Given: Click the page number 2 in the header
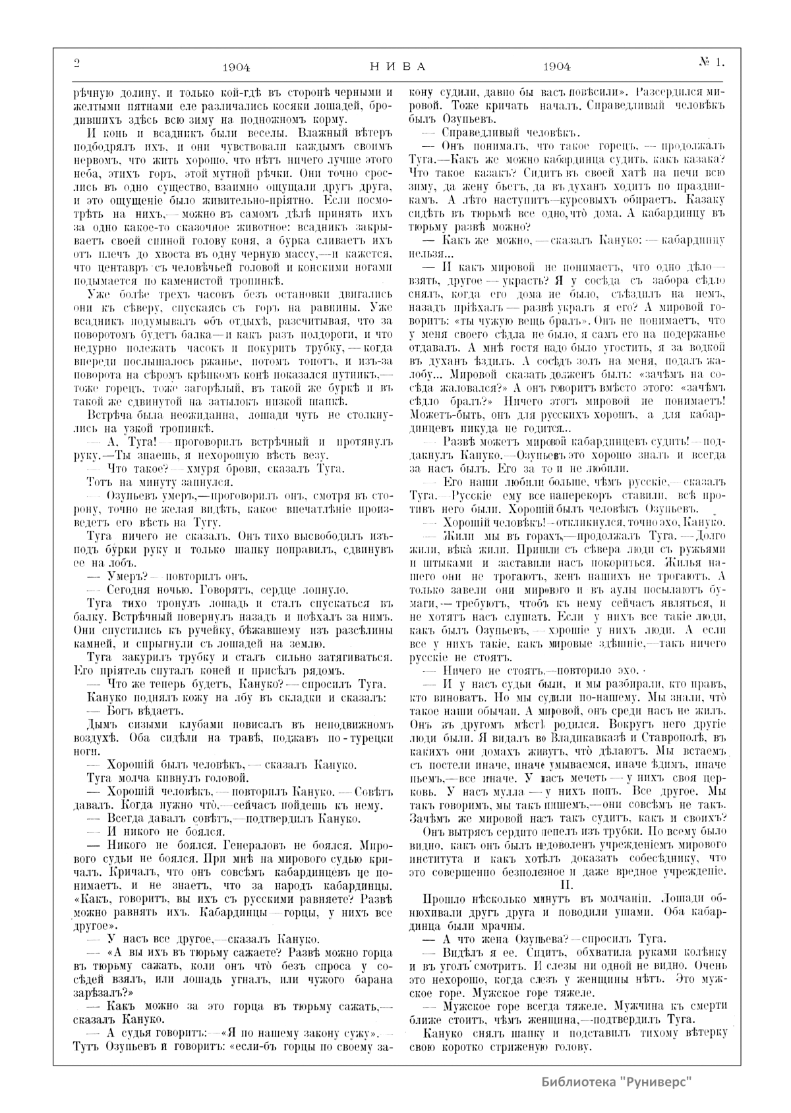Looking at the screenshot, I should [76, 64].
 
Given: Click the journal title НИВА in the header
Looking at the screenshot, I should [395, 67].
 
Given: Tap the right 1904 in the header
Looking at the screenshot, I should [557, 67].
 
